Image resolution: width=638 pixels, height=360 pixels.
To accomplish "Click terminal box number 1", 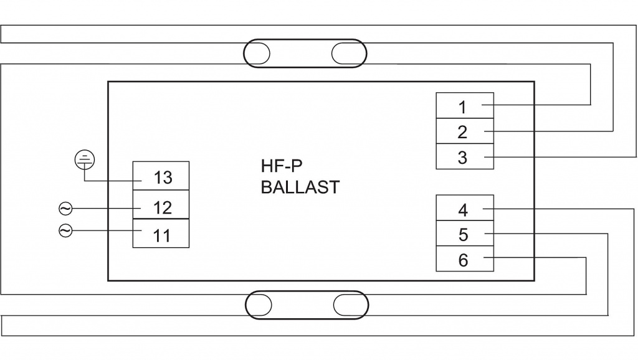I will (x=464, y=106).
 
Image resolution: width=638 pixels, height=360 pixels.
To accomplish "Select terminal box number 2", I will (x=464, y=131).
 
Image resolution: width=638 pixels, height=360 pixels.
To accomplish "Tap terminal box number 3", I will (x=464, y=157).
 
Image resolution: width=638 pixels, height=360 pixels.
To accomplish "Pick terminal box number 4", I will (x=464, y=209).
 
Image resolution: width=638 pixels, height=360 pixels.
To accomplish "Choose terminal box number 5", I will (x=464, y=235).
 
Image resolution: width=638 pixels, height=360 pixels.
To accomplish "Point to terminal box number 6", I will (x=464, y=260).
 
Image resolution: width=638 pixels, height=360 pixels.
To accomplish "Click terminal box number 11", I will (x=161, y=235).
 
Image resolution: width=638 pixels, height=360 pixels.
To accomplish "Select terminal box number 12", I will (x=161, y=206).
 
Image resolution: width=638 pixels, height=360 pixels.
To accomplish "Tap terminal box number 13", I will (x=161, y=178).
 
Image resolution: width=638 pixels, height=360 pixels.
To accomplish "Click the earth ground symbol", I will (x=85, y=160).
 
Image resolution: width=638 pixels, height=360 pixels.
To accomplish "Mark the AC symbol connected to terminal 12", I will (x=65, y=207).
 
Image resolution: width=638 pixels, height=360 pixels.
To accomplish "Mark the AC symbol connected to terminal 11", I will (x=65, y=230).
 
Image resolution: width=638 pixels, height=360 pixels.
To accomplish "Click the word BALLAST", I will (x=300, y=187).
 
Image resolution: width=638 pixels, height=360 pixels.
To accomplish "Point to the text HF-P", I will (x=281, y=166).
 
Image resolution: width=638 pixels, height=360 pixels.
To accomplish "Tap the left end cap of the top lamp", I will (x=257, y=53).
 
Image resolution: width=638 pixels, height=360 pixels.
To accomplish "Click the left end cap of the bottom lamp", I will (x=260, y=305).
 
